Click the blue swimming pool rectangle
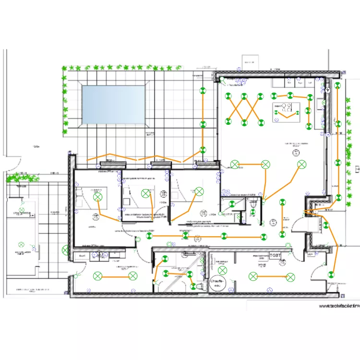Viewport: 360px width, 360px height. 114,104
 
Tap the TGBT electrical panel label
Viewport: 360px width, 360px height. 276,255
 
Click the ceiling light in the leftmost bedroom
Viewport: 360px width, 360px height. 98,196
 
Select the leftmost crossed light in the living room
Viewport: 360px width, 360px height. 235,165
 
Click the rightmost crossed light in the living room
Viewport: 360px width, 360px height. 301,165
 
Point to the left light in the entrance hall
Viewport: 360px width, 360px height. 97,276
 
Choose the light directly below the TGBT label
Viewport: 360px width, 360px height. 290,276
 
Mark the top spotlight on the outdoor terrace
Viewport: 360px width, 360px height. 203,90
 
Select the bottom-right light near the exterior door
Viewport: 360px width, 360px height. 331,275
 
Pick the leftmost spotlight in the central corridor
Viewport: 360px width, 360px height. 185,236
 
